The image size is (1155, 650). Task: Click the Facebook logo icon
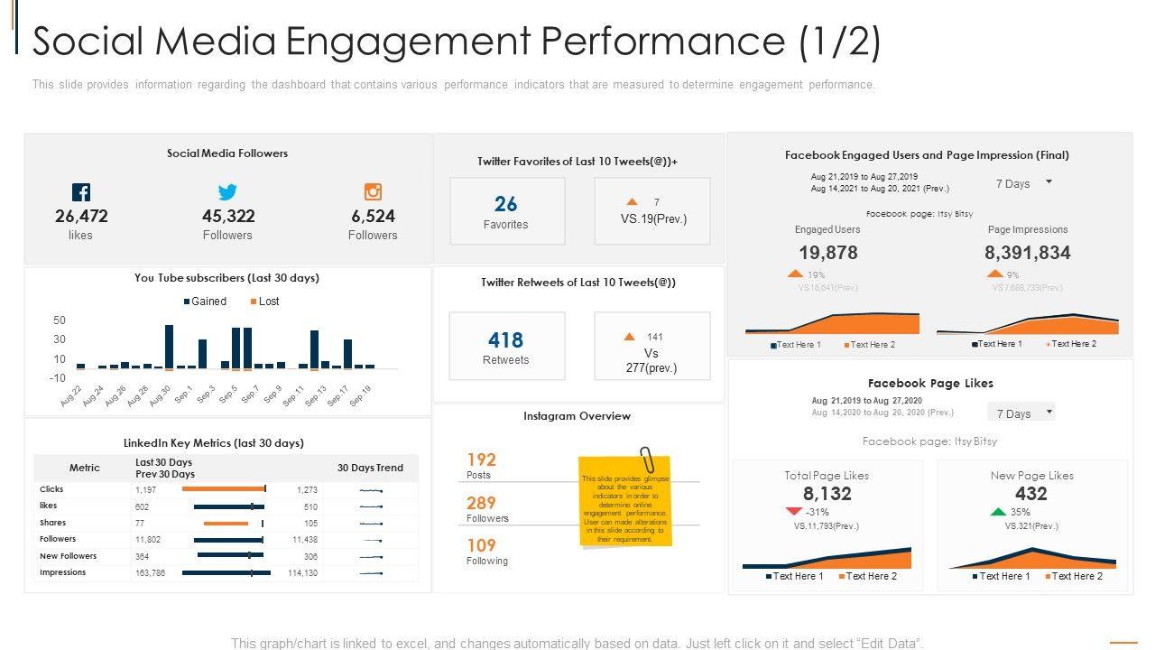click(81, 192)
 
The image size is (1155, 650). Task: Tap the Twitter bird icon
click(227, 192)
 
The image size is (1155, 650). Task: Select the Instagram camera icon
click(373, 191)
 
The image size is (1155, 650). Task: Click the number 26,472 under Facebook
click(81, 216)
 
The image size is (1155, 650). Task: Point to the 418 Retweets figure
click(505, 340)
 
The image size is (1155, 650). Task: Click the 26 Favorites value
click(505, 204)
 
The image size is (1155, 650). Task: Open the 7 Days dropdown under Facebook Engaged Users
click(1023, 183)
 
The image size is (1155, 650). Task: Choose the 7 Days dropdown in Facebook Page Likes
click(1023, 413)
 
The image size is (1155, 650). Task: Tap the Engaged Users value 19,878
click(827, 253)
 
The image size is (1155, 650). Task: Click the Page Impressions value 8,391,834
click(1027, 253)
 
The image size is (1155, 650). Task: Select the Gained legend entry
click(205, 302)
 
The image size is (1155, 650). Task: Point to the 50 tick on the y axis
click(60, 320)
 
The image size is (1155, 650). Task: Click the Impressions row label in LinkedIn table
click(63, 572)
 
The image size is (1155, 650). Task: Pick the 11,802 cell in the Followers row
click(148, 539)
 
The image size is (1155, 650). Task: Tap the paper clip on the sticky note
click(646, 459)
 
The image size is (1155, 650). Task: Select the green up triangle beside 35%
click(997, 512)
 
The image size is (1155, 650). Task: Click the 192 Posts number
click(481, 460)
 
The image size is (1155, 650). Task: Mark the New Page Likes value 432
click(1030, 494)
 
